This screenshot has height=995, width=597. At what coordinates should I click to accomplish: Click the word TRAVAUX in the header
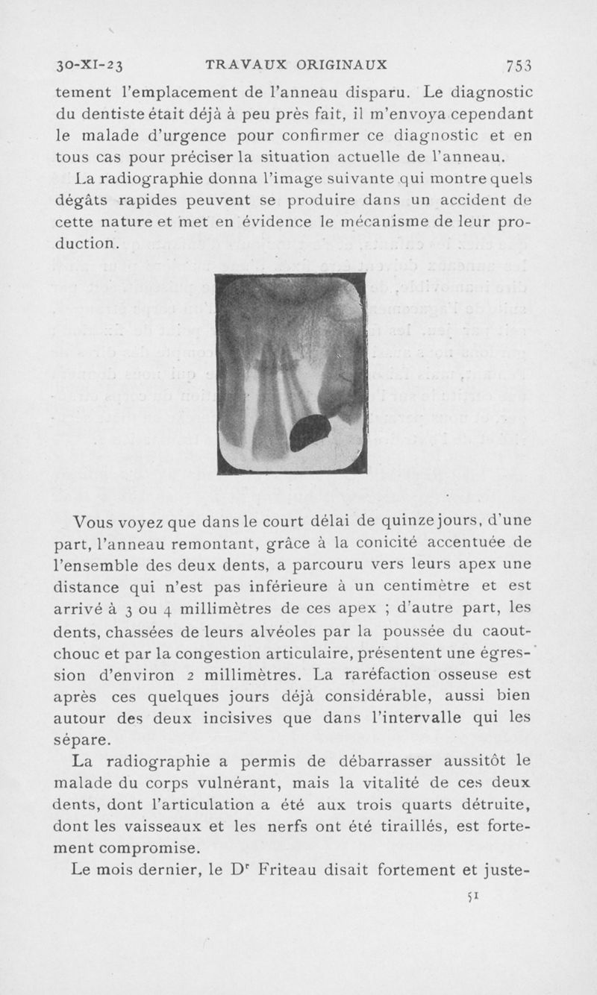coord(237,64)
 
